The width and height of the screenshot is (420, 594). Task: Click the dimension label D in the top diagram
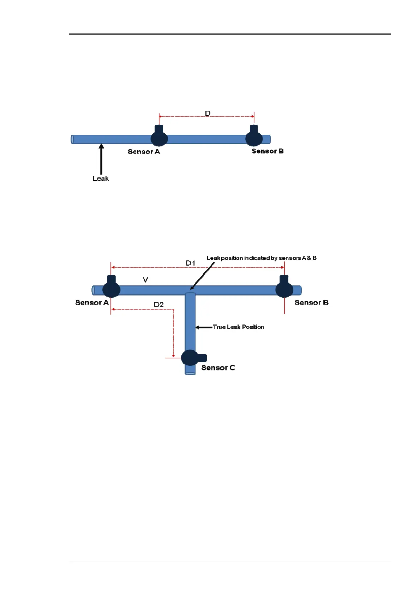coord(208,113)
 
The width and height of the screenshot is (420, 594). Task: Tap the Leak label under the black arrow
coord(101,179)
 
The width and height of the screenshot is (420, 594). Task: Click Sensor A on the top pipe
coord(159,137)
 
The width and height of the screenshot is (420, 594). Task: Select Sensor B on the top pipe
coord(254,137)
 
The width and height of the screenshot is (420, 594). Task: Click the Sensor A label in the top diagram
coord(144,152)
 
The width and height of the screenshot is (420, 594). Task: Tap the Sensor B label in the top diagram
coord(268,151)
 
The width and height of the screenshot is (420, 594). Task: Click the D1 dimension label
coord(191,263)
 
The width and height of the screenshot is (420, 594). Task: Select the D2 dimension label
coord(159,305)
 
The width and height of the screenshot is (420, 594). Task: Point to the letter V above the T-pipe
coord(145,280)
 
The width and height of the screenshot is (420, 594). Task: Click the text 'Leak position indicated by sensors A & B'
coord(261,258)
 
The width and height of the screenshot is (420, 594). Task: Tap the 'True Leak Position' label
coord(238,327)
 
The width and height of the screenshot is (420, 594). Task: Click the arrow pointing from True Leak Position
coord(204,327)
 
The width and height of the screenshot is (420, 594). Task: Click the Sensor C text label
coord(218,368)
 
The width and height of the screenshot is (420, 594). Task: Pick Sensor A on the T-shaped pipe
coord(112,288)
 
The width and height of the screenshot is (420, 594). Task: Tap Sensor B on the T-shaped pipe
coord(284,288)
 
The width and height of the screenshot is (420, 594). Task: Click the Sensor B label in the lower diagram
coord(311,303)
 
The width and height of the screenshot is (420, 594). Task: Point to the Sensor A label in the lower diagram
coord(92,303)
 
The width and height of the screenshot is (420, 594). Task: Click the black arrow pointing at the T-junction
coord(203,275)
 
